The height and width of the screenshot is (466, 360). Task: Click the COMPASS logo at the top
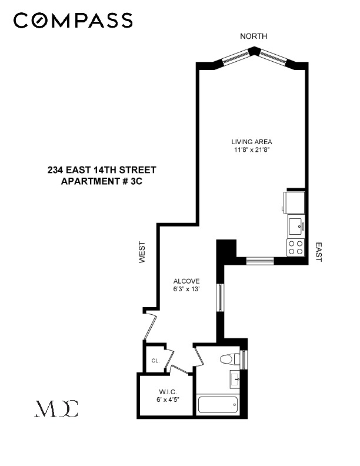click(73, 21)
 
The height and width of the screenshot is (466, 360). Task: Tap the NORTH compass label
click(254, 36)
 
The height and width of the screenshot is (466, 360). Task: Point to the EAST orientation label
click(318, 252)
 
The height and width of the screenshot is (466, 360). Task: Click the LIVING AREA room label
click(251, 142)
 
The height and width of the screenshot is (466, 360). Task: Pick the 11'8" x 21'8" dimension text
click(251, 150)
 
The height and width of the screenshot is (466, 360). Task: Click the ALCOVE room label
click(186, 281)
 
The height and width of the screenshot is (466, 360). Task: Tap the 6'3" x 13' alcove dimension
click(186, 289)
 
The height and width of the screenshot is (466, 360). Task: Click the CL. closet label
click(155, 361)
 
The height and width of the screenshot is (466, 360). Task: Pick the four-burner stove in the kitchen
click(295, 247)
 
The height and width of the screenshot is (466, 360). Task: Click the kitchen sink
click(295, 225)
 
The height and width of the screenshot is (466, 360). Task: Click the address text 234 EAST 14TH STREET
click(102, 170)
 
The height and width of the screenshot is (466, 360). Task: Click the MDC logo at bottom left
click(56, 408)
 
